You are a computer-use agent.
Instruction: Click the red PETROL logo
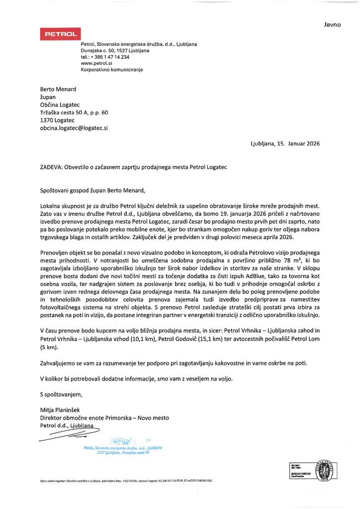pyautogui.click(x=60, y=34)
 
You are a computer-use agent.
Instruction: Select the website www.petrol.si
pyautogui.click(x=96, y=64)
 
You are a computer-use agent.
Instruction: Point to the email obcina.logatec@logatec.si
pyautogui.click(x=74, y=128)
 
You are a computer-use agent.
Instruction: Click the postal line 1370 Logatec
pyautogui.click(x=57, y=120)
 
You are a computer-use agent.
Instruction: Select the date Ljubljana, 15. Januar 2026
pyautogui.click(x=285, y=144)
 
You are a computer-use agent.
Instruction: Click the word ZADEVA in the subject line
pyautogui.click(x=51, y=168)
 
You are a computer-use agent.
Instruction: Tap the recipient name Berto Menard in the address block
pyautogui.click(x=58, y=89)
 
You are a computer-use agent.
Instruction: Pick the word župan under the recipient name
pyautogui.click(x=49, y=97)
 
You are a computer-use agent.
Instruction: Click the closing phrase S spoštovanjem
pyautogui.click(x=61, y=395)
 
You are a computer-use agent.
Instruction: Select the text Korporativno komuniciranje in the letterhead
pyautogui.click(x=111, y=70)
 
